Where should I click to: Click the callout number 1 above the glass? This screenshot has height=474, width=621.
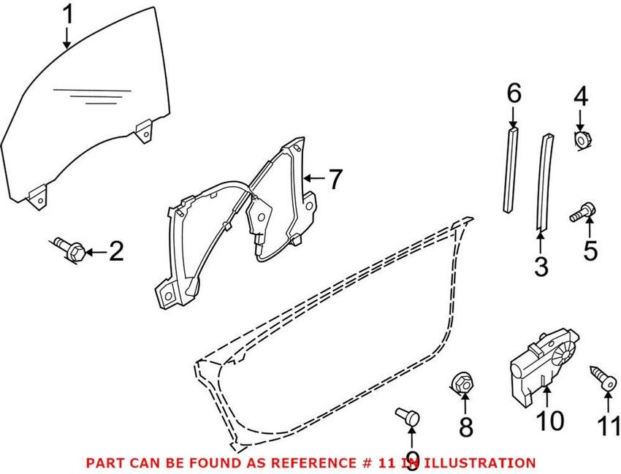click(66, 15)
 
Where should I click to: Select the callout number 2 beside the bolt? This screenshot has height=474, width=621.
click(115, 253)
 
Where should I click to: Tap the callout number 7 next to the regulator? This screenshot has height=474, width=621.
click(334, 178)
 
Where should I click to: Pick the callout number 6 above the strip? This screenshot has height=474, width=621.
click(514, 93)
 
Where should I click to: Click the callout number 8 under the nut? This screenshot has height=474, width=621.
click(465, 427)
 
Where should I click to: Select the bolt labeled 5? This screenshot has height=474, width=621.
click(582, 214)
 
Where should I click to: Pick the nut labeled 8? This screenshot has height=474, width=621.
click(460, 382)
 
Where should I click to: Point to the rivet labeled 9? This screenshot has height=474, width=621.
click(408, 416)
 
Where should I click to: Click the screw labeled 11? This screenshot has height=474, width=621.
click(603, 378)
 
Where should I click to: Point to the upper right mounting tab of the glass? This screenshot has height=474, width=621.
click(145, 132)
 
